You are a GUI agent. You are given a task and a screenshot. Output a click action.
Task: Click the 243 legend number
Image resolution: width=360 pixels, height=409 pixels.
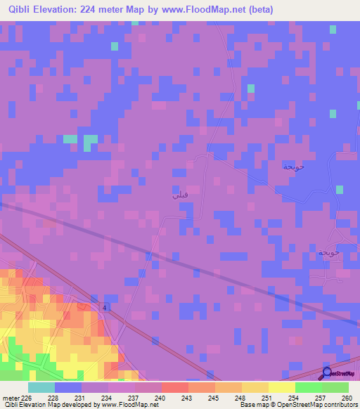click(x=188, y=398)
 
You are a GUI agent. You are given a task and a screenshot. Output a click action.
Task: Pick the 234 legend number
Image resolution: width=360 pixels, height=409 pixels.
click(x=108, y=398)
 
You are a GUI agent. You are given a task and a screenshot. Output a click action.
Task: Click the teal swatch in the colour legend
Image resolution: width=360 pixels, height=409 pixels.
click(x=41, y=387)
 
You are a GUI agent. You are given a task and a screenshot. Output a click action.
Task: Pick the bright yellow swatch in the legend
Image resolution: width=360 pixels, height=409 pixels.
click(x=281, y=387)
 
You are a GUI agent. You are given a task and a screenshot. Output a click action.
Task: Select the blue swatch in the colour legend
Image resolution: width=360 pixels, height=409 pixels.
click(x=68, y=387)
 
